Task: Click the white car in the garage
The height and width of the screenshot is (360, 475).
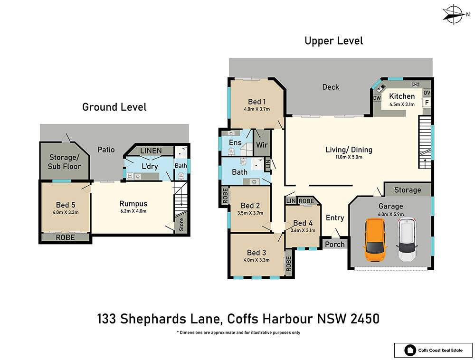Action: click(407, 239)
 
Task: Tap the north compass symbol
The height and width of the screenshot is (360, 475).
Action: click(454, 14)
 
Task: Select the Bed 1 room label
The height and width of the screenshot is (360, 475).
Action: click(256, 102)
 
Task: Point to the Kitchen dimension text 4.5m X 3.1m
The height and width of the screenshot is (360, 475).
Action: click(402, 104)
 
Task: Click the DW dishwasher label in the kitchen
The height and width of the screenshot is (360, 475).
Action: click(377, 98)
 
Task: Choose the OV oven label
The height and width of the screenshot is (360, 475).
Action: click(427, 93)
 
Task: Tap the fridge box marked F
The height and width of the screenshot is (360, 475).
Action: click(427, 103)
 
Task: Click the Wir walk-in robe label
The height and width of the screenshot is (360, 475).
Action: click(262, 145)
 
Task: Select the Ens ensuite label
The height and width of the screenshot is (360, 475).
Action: click(235, 142)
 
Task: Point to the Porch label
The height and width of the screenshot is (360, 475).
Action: click(335, 244)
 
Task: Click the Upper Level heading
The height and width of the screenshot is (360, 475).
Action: click(333, 41)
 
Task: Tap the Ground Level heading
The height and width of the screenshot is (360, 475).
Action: click(114, 107)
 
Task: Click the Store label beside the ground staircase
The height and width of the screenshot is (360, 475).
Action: click(181, 225)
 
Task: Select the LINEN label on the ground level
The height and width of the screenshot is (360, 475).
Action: click(151, 151)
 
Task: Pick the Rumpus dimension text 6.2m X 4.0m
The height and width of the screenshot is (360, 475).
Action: click(133, 211)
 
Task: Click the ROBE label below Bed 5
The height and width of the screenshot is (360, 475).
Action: click(66, 237)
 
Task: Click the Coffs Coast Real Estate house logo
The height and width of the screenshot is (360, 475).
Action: click(410, 351)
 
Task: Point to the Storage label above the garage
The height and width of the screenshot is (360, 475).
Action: click(408, 190)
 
